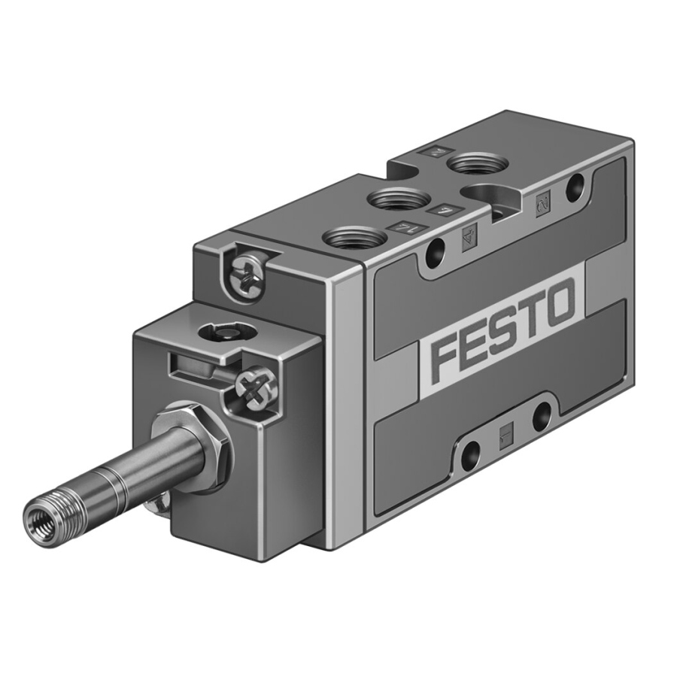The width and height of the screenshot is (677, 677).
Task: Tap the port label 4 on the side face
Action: tap(467, 240)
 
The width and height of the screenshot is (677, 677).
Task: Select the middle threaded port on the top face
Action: tap(398, 199)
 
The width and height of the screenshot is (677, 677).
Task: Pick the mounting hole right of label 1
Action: tap(541, 416)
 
